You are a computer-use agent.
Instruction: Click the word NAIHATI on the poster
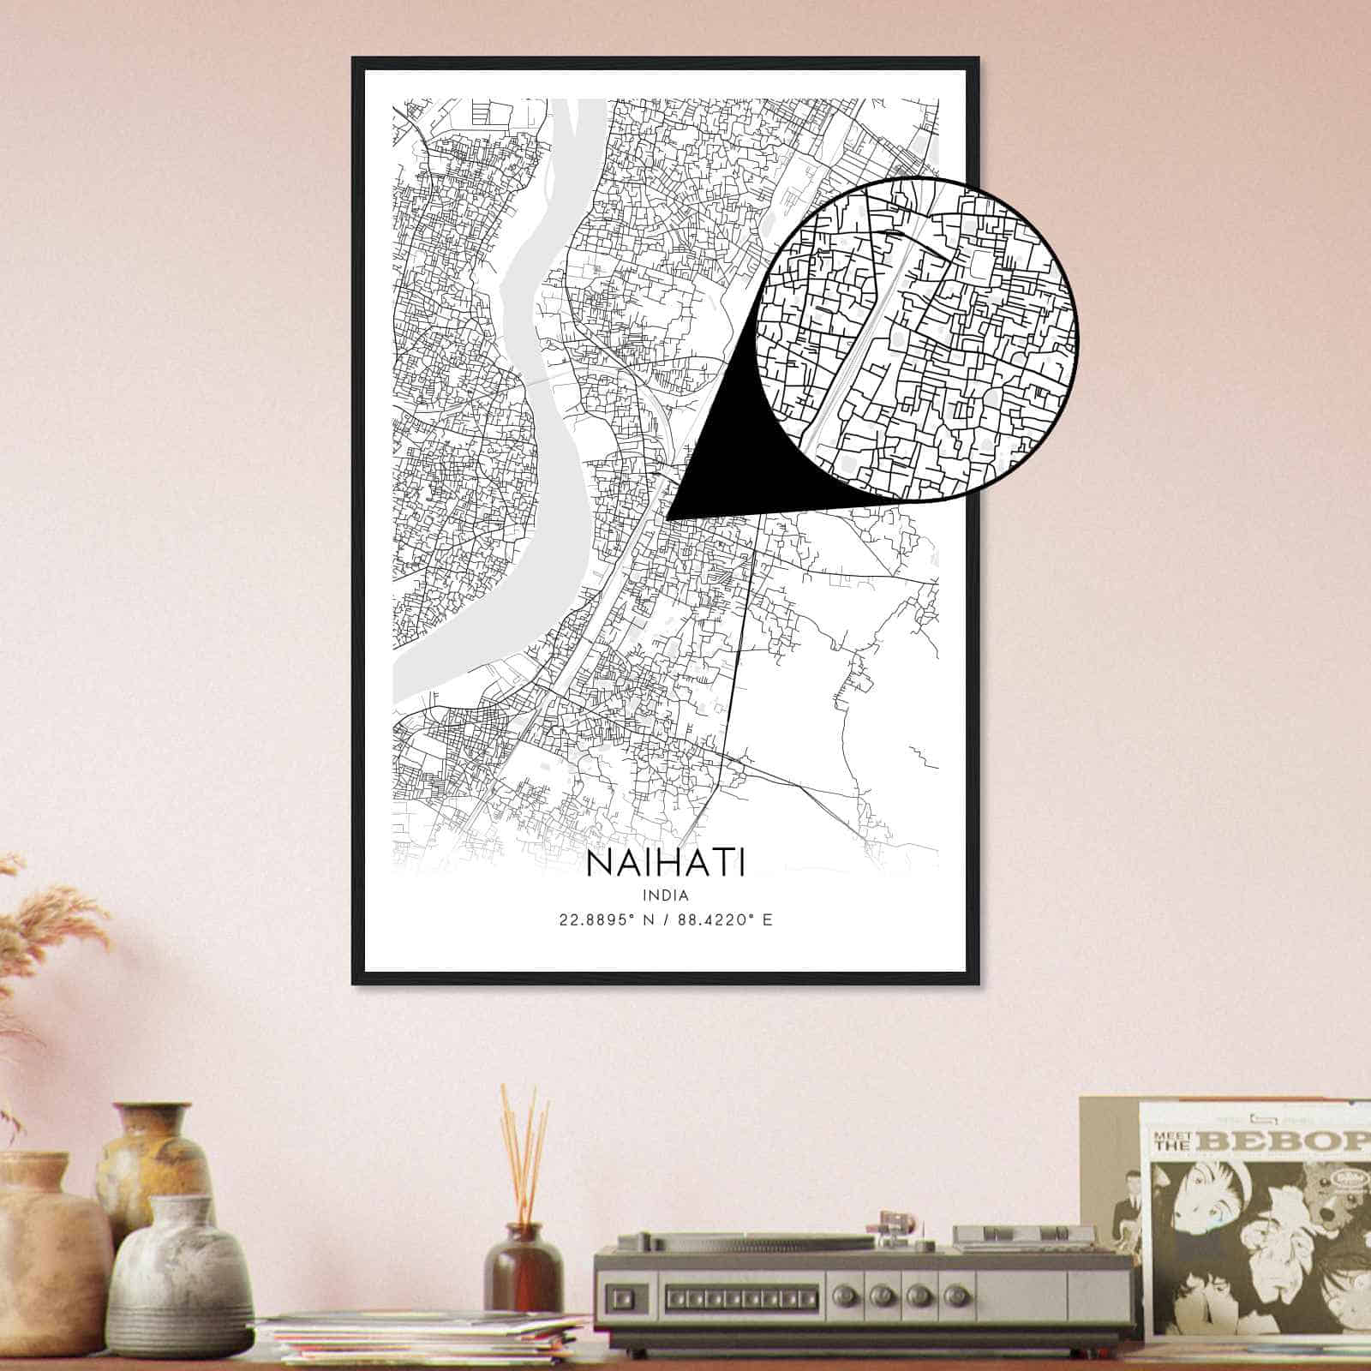point(666,862)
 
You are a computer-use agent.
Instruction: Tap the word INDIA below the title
point(666,895)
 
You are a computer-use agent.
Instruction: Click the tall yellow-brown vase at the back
point(154,1165)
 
